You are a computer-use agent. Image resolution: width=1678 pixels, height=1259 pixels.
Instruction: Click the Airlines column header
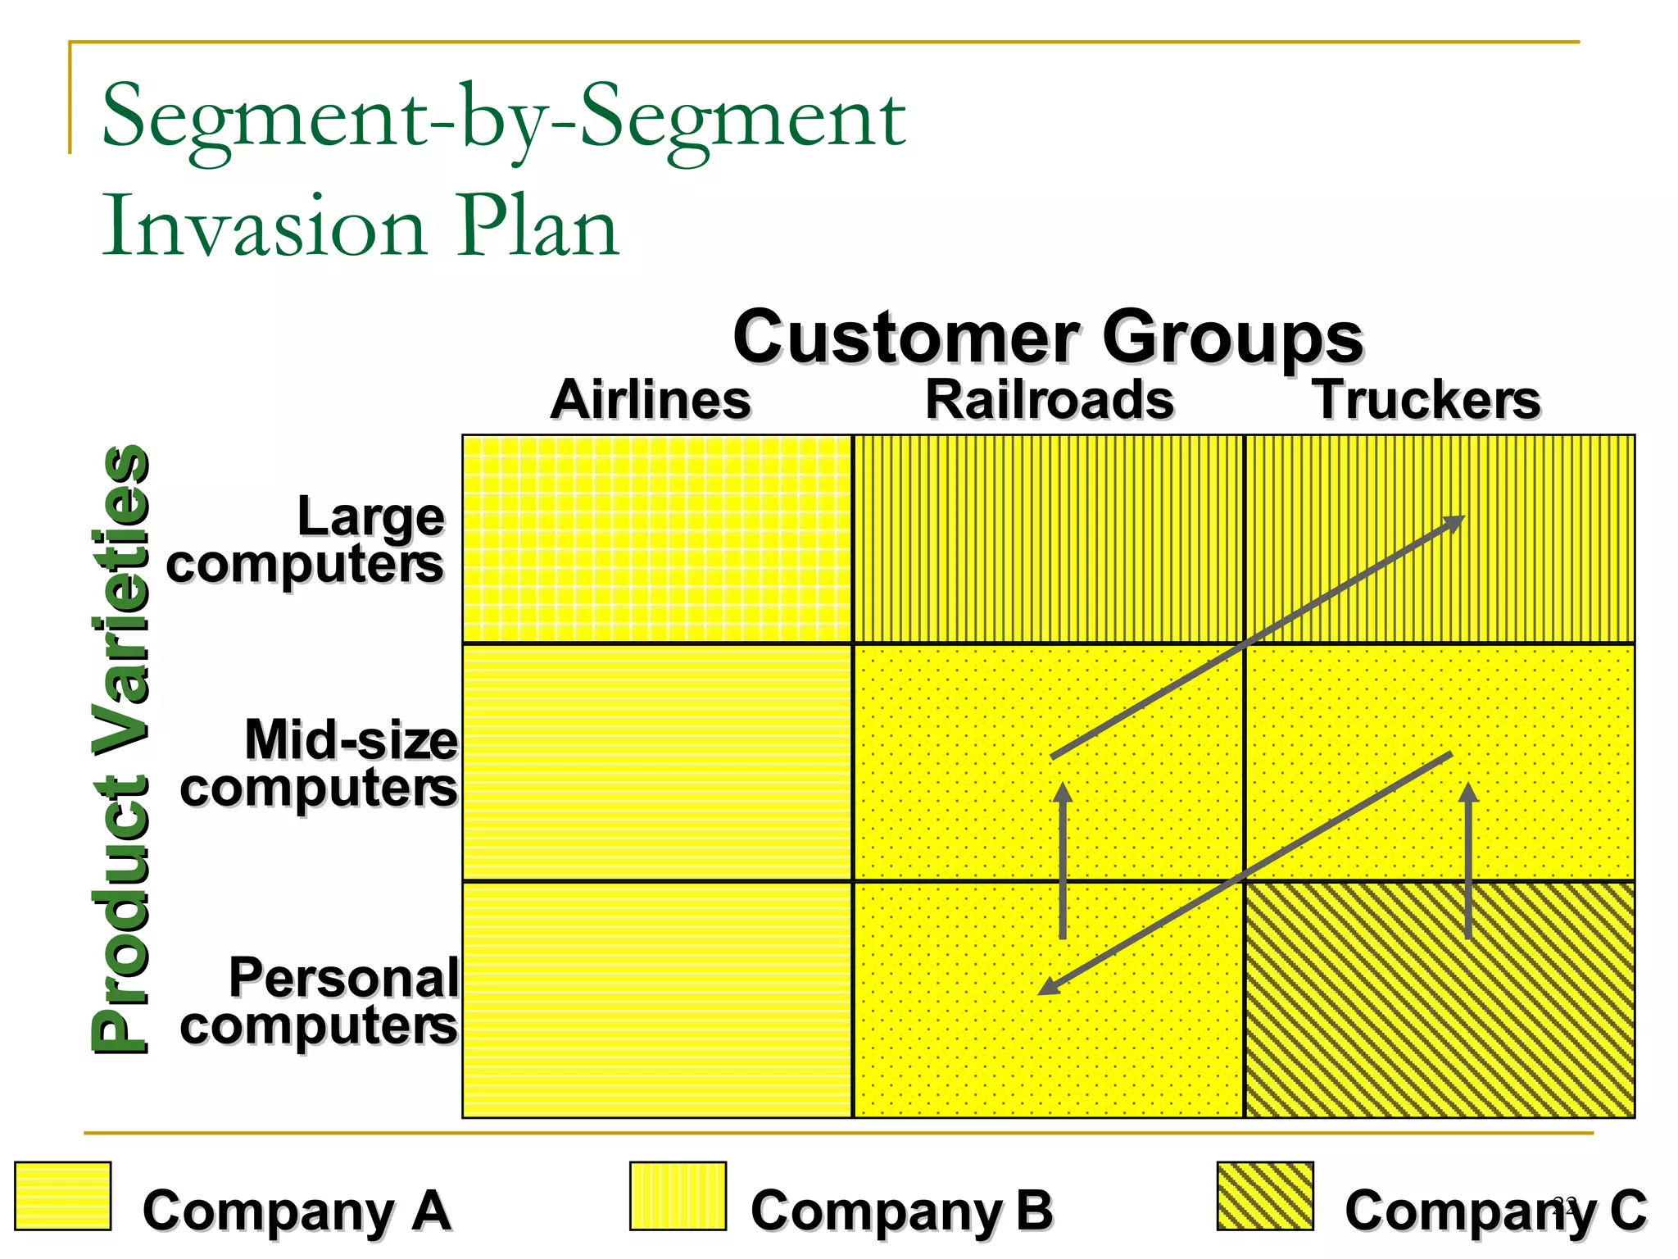pyautogui.click(x=651, y=400)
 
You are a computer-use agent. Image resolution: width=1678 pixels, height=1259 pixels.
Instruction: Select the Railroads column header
pyautogui.click(x=1050, y=400)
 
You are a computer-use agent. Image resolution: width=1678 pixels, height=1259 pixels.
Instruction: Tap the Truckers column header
pyautogui.click(x=1427, y=400)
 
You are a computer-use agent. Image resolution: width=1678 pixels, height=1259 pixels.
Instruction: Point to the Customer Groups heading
pyautogui.click(x=1047, y=337)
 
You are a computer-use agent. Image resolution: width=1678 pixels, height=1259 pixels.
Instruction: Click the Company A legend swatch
pyautogui.click(x=63, y=1196)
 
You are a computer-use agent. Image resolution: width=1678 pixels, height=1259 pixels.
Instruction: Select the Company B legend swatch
pyautogui.click(x=678, y=1196)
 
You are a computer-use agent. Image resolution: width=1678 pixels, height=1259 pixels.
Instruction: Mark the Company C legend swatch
pyautogui.click(x=1265, y=1196)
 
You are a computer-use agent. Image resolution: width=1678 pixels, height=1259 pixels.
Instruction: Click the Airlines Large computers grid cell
pyautogui.click(x=657, y=539)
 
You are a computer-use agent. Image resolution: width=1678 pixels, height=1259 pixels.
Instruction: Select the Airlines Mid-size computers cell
pyautogui.click(x=657, y=762)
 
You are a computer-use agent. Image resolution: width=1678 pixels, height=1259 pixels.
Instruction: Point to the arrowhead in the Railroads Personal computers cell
pyautogui.click(x=1048, y=988)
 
